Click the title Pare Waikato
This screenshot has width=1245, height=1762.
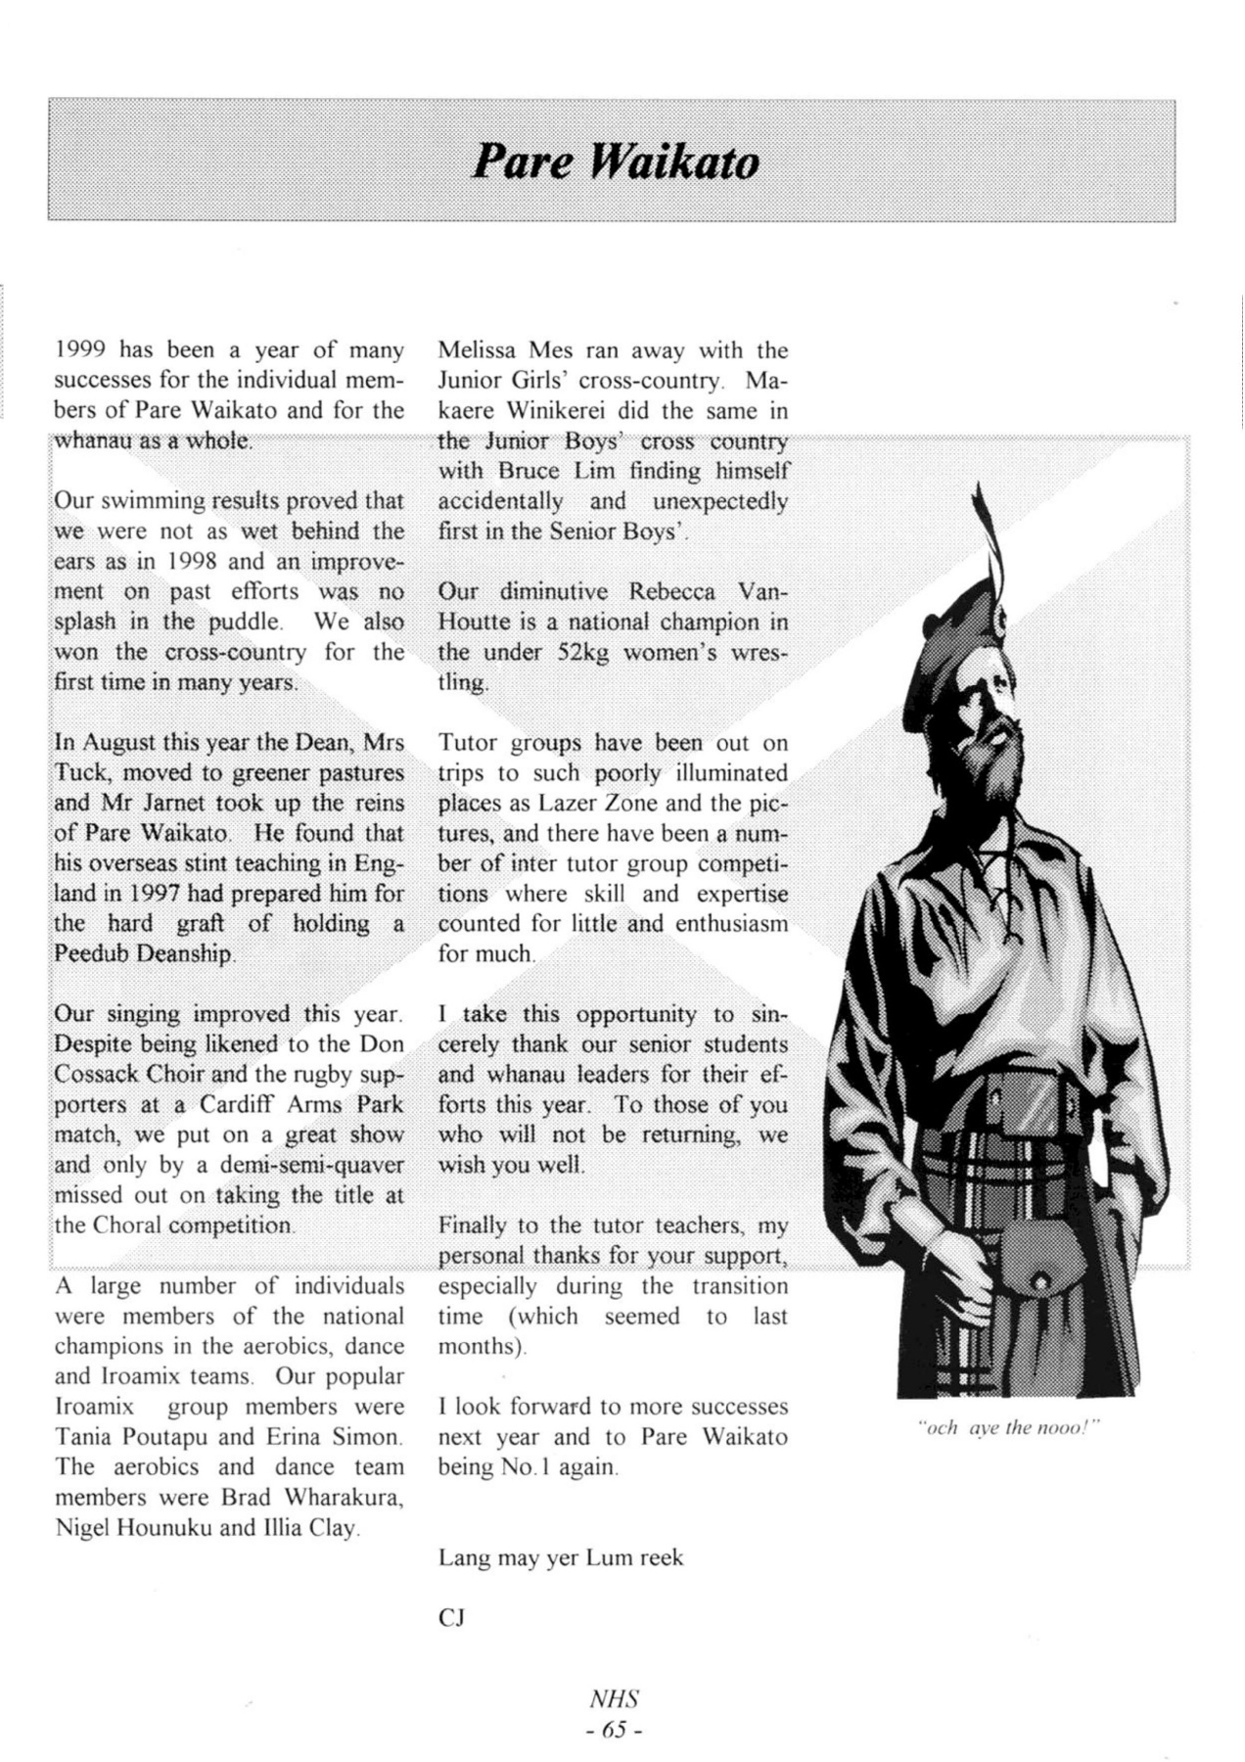click(x=616, y=162)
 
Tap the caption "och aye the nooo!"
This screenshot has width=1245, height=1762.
click(x=1008, y=1428)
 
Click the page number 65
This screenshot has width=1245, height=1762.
click(x=615, y=1730)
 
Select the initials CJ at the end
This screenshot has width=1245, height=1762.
click(x=451, y=1618)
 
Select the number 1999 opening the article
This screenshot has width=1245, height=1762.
click(x=79, y=350)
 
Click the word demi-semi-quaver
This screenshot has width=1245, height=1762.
click(x=311, y=1165)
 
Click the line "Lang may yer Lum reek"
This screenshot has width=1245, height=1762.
click(x=561, y=1557)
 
